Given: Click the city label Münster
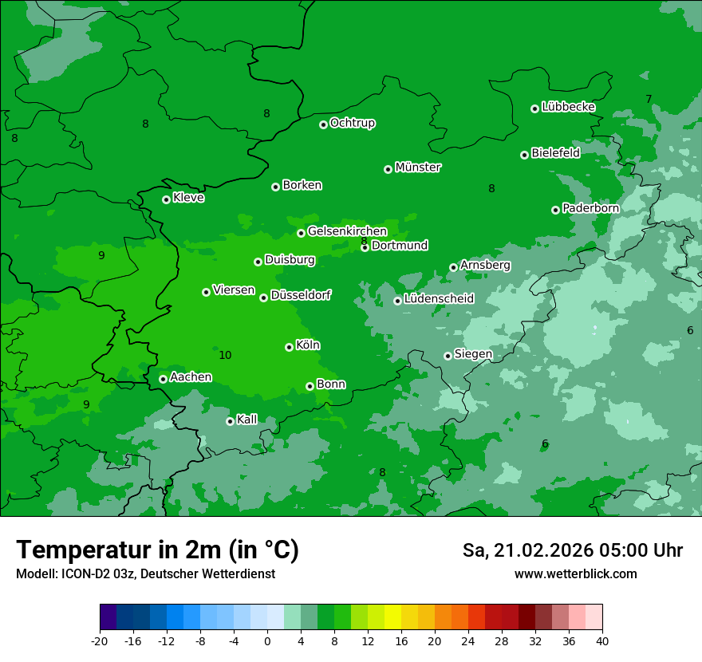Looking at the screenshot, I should point(418,167).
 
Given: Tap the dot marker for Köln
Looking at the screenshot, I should point(289,347).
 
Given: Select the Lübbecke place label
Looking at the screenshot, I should point(568,107).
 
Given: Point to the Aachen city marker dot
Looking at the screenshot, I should point(163,379).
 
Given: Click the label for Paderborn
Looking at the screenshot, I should point(590,208).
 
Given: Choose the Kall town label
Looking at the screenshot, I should point(247,420).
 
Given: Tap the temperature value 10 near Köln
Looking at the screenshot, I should point(225,355).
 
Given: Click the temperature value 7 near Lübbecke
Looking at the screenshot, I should point(649,99).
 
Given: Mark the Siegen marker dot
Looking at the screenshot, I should point(448,356).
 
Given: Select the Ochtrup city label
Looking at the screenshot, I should point(352,123).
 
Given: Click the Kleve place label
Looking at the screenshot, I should point(188,198).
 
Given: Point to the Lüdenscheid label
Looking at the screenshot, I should point(439,299).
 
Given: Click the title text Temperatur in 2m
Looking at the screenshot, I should point(158,550).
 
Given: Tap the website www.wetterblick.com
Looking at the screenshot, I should point(575,573).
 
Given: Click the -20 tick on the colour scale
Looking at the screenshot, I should point(100,641).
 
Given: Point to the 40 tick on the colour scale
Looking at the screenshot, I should point(602,641).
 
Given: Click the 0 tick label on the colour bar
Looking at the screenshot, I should point(267,641).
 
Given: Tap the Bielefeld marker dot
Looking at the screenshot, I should point(524,155).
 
